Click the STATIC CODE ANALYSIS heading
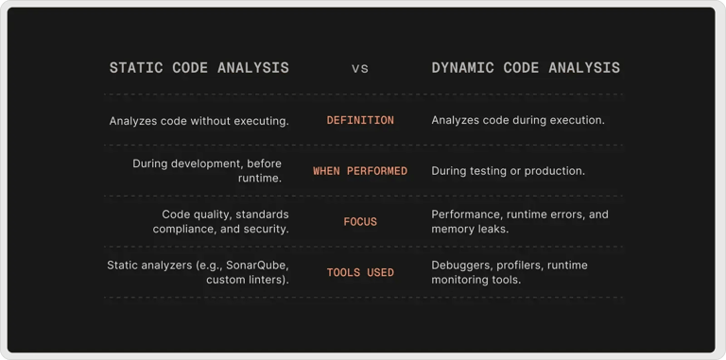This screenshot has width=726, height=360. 199,68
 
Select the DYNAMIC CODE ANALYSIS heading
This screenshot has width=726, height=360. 526,68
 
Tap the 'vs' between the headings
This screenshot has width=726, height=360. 360,69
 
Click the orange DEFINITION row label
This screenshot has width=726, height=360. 360,121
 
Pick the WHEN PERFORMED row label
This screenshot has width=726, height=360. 360,171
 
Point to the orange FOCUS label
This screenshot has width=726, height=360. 360,222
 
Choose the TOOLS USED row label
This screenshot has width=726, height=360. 360,273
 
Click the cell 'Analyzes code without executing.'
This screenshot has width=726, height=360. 199,121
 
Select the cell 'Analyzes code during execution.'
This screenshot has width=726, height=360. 518,121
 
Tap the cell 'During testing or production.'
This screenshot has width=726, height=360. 509,171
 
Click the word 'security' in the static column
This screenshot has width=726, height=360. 264,230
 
